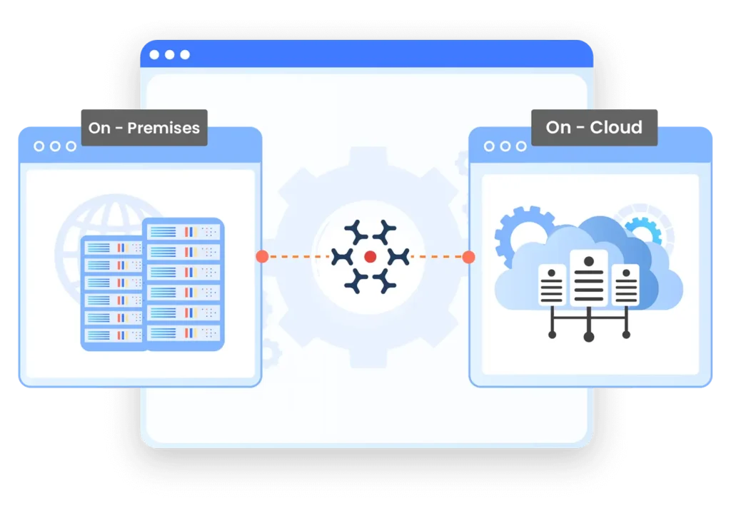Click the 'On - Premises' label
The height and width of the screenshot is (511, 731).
tap(144, 128)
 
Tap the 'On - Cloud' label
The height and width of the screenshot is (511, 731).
tap(595, 127)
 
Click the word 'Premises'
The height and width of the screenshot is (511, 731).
tap(163, 128)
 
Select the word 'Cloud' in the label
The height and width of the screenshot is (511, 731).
tap(616, 127)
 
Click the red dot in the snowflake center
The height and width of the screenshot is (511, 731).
tap(370, 256)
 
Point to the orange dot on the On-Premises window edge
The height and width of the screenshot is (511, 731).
tap(262, 256)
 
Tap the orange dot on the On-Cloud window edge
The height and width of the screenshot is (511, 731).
tap(468, 256)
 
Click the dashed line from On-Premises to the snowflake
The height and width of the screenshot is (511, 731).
tap(299, 256)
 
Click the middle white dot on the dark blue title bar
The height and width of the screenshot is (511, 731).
tap(170, 54)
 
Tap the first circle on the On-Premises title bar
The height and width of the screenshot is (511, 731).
tap(39, 146)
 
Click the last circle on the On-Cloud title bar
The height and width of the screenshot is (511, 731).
tap(521, 146)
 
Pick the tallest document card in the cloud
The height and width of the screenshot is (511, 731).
tap(589, 278)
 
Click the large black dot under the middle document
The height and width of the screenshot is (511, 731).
tap(589, 337)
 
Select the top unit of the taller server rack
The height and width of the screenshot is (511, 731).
tap(184, 232)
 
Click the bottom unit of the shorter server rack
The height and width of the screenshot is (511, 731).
tap(114, 335)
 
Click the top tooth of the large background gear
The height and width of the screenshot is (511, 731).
tap(368, 157)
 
